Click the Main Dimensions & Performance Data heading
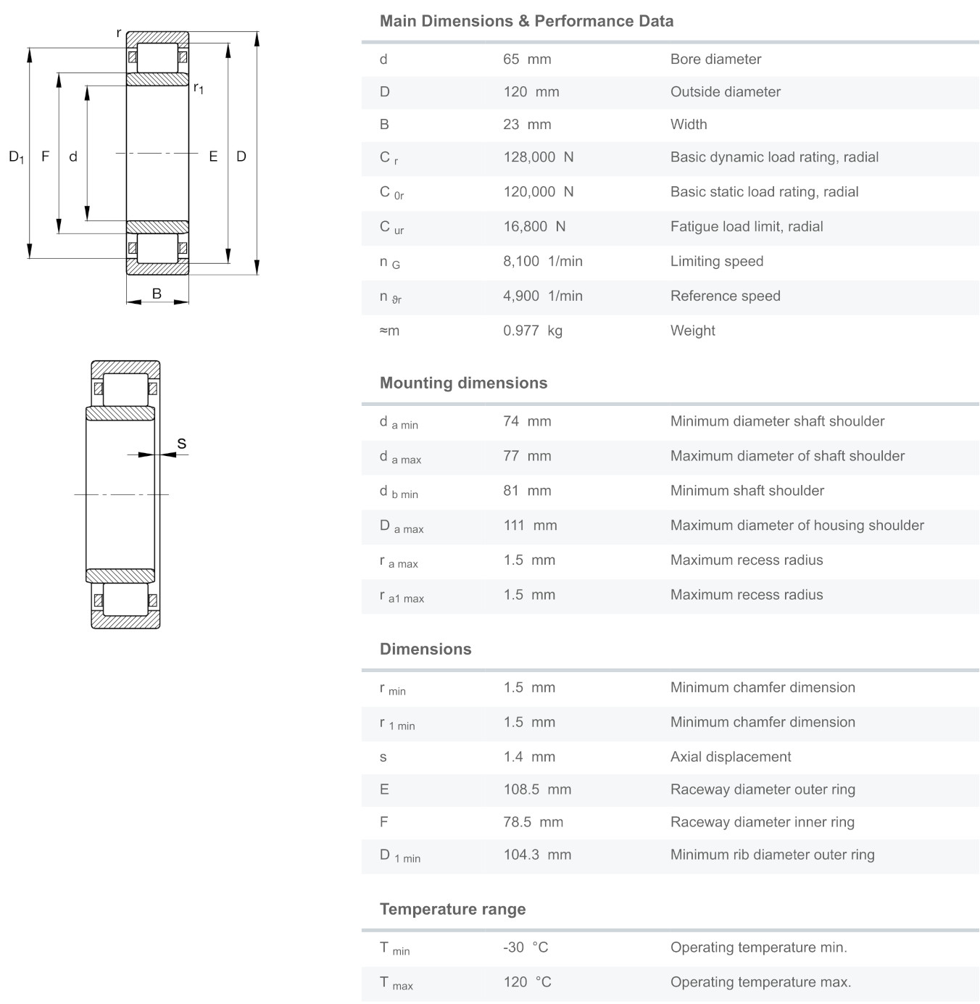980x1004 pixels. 526,21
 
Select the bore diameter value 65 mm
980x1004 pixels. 527,59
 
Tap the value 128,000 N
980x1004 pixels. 539,157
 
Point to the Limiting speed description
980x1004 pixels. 716,262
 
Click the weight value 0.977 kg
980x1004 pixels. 533,331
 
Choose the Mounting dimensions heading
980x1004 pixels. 463,383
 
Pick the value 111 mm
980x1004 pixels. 530,526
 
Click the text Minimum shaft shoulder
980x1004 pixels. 747,491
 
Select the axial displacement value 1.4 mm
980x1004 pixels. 529,757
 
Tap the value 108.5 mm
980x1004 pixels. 537,789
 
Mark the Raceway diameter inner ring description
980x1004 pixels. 762,822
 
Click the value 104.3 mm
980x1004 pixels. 537,855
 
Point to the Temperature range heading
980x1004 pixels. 452,909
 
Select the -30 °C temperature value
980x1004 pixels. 526,947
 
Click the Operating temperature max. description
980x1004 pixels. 760,982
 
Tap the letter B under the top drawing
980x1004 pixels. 157,294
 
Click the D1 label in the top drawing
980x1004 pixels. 16,157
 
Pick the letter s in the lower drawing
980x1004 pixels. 181,444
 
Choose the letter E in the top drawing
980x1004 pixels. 213,157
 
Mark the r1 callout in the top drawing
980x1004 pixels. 198,88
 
